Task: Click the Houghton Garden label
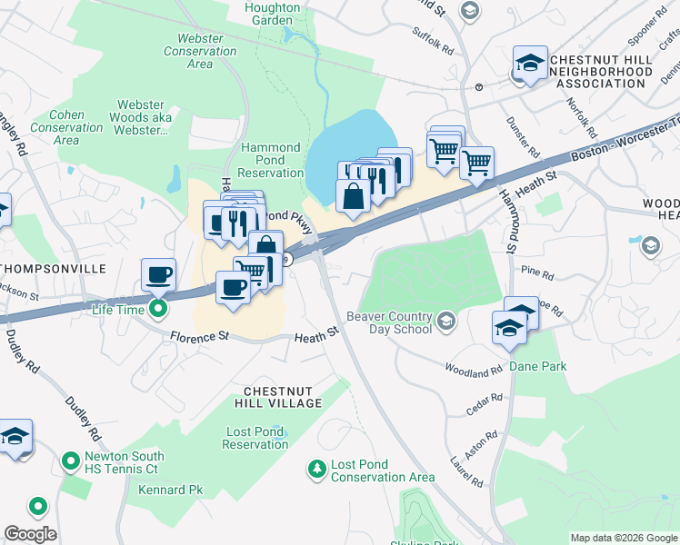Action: pyautogui.click(x=273, y=14)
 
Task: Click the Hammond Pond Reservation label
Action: pyautogui.click(x=271, y=160)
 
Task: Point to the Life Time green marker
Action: pyautogui.click(x=158, y=311)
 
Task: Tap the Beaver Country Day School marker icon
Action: pyautogui.click(x=445, y=320)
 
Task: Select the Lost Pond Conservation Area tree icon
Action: pyautogui.click(x=316, y=470)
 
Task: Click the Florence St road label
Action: pyautogui.click(x=198, y=337)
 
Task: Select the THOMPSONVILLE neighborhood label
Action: pyautogui.click(x=54, y=270)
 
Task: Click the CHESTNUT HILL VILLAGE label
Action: pyautogui.click(x=281, y=396)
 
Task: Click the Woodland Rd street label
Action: pyautogui.click(x=474, y=370)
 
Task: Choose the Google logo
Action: pyautogui.click(x=29, y=534)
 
